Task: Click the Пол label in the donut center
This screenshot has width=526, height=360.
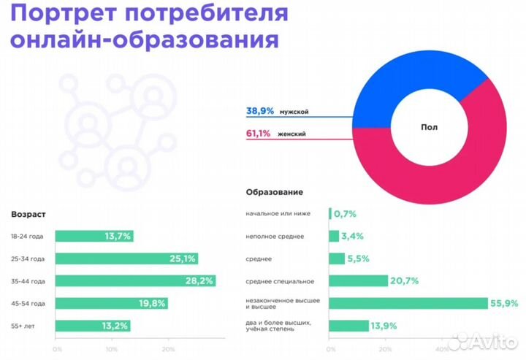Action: [430, 126]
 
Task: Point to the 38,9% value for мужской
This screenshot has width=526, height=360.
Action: [259, 111]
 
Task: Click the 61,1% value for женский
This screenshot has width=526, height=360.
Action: [259, 134]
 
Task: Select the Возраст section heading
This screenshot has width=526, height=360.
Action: [28, 214]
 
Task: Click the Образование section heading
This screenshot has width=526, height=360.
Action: [274, 192]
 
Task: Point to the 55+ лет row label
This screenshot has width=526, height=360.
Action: [23, 326]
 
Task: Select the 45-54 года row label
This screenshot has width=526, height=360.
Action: [28, 303]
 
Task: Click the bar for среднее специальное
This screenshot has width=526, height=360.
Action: [358, 280]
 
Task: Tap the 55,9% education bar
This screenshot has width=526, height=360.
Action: [408, 303]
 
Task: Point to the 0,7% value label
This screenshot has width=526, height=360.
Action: [345, 214]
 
